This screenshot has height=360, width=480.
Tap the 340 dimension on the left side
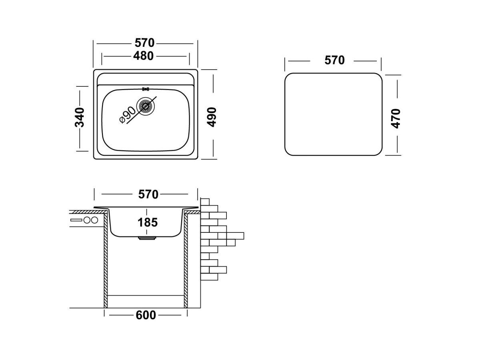coord(80,117)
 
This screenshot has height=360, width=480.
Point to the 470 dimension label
coord(396,118)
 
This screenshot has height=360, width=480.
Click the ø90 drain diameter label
coord(128,115)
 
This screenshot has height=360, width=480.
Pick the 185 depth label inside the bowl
coord(148,222)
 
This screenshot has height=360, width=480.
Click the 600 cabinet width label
coord(146,315)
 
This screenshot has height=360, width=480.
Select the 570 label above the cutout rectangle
coord(334,60)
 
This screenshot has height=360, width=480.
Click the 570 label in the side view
coord(148,194)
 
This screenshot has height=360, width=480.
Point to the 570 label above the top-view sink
coord(145,43)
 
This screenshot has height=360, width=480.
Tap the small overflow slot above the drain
coord(146,89)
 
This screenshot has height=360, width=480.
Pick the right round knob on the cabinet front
coord(94,220)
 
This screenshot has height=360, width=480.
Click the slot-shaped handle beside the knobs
coord(76,220)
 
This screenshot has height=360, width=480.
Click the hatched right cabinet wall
coord(186,260)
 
